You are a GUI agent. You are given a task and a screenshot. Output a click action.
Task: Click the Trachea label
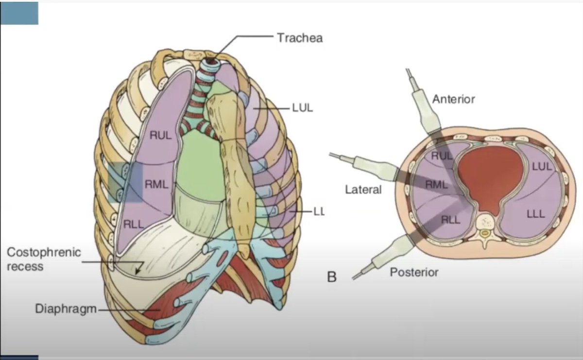(x=299, y=37)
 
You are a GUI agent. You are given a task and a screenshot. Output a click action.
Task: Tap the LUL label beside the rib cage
(x=302, y=108)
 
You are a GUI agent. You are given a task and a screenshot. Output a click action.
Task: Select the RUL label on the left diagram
(x=160, y=136)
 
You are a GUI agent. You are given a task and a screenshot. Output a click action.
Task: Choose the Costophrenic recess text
(x=44, y=259)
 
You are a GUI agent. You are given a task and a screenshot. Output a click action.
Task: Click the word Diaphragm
(x=65, y=309)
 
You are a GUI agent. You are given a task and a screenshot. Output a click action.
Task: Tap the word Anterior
(x=453, y=100)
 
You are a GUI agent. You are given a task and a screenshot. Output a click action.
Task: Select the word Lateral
(x=363, y=189)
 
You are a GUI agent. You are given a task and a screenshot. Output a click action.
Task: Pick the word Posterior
(x=413, y=272)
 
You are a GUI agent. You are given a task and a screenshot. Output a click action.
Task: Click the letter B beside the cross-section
(x=332, y=278)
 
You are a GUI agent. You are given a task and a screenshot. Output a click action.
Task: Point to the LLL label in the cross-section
(x=535, y=214)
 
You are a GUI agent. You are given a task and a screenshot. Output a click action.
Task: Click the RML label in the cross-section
(x=436, y=185)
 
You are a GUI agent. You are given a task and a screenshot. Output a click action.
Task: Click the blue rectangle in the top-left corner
(x=19, y=13)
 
